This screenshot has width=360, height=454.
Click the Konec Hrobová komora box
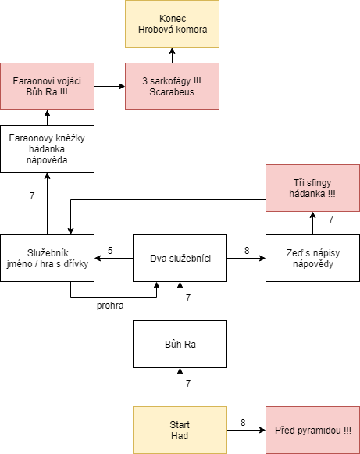tap(172, 23)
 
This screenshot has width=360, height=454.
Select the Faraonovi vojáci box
tap(47, 86)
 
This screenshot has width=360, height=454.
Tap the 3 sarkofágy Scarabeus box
tap(172, 86)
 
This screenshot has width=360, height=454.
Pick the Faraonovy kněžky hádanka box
tap(47, 148)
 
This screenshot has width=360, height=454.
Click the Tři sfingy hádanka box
tap(313, 188)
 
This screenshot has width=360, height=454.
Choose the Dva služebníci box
tap(180, 259)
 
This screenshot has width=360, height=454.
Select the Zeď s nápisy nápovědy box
tap(313, 259)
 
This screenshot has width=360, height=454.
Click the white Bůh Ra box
tap(180, 345)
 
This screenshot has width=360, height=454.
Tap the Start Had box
tap(180, 431)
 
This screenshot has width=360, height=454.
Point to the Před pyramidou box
tap(313, 431)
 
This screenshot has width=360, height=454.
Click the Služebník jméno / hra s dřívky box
tap(47, 259)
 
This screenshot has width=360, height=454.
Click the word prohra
tap(110, 306)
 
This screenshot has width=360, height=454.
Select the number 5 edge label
tap(110, 251)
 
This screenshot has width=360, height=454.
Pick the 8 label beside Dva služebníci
tap(247, 251)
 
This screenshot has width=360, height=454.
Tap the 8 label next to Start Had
tap(243, 423)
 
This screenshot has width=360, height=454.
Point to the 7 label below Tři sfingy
tap(331, 220)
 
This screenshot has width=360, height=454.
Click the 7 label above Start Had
tap(188, 384)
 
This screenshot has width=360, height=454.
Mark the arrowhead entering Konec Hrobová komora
tap(172, 51)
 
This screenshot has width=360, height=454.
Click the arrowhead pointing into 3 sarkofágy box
tap(122, 86)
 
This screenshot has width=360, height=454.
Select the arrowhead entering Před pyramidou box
tap(262, 431)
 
